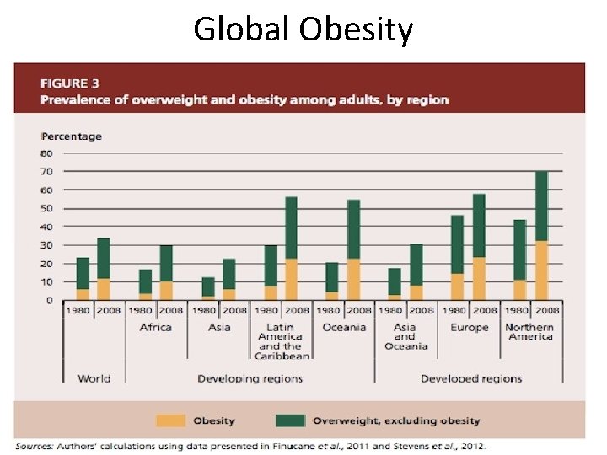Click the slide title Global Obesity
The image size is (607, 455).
pos(303,29)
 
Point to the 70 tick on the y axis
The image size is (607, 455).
pos(46,171)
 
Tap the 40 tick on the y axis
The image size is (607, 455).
pos(46,227)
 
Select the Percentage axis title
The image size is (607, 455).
pos(72,136)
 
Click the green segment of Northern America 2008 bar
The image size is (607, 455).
pos(541,206)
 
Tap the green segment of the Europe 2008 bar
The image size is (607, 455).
pos(479,226)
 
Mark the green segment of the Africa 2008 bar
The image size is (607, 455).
pos(166,264)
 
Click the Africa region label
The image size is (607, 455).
pos(155,327)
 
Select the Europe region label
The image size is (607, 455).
pos(468,327)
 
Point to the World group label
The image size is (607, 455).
pos(94,378)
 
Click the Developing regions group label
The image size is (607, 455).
pos(250,378)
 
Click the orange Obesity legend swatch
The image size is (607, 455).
pos(171,420)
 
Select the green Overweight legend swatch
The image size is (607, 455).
pos(290,420)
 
